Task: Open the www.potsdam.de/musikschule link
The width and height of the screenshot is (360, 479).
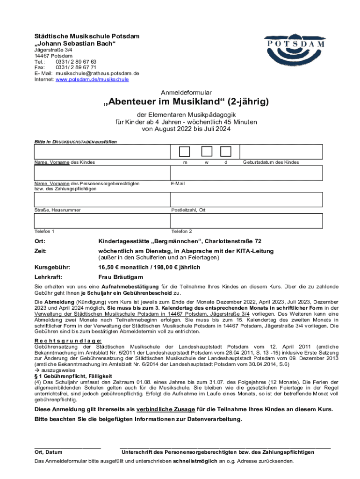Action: [x=92, y=80]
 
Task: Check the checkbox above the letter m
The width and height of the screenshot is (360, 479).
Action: [x=185, y=152]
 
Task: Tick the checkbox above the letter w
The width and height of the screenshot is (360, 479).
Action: [x=206, y=152]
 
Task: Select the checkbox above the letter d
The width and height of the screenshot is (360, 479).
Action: [x=226, y=152]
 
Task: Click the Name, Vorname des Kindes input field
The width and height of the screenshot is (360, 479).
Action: [x=101, y=152]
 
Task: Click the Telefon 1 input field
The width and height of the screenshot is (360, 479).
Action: [x=101, y=221]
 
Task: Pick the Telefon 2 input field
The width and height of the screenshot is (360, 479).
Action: [x=246, y=221]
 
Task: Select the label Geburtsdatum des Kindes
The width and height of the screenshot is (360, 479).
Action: [x=270, y=162]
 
